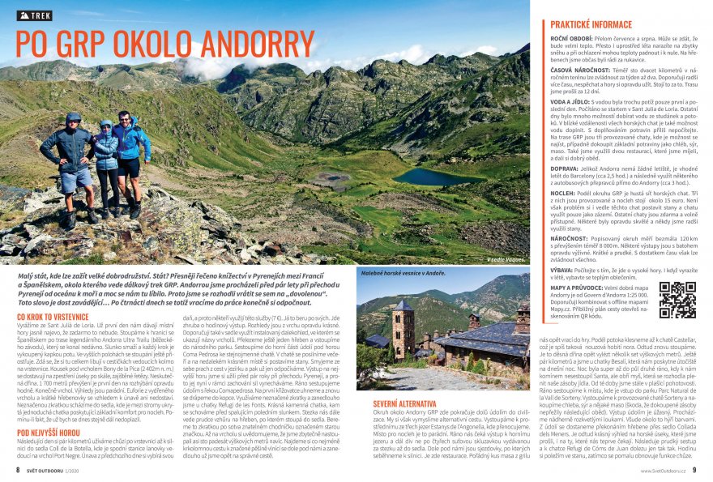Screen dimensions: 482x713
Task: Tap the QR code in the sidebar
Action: click(x=677, y=300)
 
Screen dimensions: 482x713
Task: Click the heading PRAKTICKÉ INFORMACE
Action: click(x=591, y=25)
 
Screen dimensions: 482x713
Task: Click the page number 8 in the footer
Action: click(x=18, y=469)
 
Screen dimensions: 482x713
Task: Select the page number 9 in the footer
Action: click(x=694, y=469)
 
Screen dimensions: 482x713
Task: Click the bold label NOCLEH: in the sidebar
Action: click(x=565, y=194)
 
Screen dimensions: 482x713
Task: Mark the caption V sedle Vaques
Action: click(x=505, y=261)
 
